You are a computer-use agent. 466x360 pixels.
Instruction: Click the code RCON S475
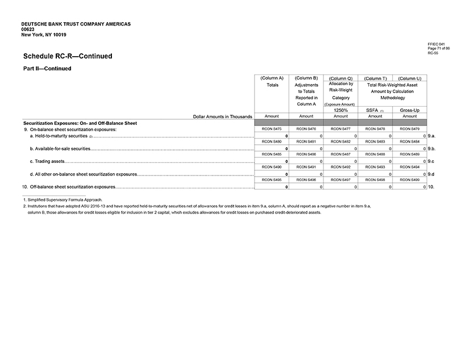pyautogui.click(x=272, y=129)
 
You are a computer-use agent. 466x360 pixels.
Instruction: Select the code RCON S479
pyautogui.click(x=410, y=129)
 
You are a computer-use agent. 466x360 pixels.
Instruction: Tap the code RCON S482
pyautogui.click(x=340, y=141)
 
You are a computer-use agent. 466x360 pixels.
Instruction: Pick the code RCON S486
pyautogui.click(x=306, y=154)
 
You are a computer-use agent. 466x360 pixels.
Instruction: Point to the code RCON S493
pyautogui.click(x=375, y=166)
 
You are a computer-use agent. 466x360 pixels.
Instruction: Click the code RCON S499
pyautogui.click(x=410, y=179)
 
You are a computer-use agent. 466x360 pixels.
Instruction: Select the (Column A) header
pyautogui.click(x=272, y=78)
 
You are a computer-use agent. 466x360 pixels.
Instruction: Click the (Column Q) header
pyautogui.click(x=340, y=78)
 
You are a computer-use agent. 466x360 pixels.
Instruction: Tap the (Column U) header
pyautogui.click(x=410, y=78)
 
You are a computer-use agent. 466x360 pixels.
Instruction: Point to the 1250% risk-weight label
pyautogui.click(x=340, y=110)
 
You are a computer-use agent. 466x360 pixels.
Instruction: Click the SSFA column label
pyautogui.click(x=373, y=110)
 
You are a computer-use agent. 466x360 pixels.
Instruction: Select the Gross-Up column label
pyautogui.click(x=410, y=110)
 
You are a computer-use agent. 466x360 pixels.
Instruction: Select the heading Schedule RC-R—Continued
pyautogui.click(x=68, y=56)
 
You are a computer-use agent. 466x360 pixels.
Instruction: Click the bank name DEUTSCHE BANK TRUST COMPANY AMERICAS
pyautogui.click(x=76, y=24)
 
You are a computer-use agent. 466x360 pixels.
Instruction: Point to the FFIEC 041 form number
pyautogui.click(x=436, y=44)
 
